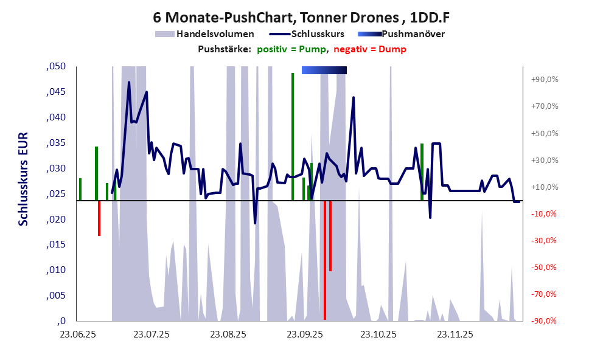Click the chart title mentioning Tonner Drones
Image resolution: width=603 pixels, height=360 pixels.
click(301, 17)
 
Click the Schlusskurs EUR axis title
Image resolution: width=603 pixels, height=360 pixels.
click(23, 193)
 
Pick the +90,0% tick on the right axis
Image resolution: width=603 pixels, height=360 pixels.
click(545, 80)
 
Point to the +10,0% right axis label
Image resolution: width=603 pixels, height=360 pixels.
click(545, 187)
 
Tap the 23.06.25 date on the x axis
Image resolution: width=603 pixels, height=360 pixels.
click(78, 334)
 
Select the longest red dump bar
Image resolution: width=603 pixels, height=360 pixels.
click(325, 261)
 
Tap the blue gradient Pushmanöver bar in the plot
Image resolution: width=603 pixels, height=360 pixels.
click(324, 71)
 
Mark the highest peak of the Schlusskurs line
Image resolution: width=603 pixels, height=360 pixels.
click(129, 82)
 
